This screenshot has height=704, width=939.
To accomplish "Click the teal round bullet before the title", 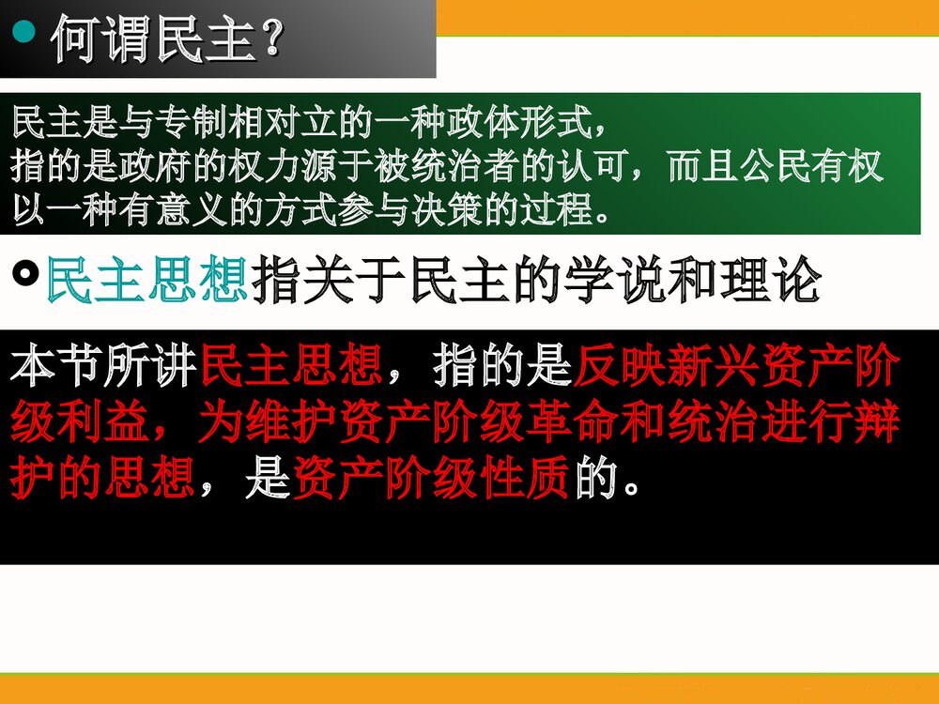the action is click(24, 31).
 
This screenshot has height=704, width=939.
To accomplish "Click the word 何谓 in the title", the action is click(100, 39).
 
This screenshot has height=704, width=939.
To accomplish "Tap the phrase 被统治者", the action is click(445, 165).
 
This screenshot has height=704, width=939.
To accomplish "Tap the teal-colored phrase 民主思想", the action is click(146, 279).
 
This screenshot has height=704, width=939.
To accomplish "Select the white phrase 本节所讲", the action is click(103, 365).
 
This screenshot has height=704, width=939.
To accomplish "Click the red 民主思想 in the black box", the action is click(291, 365).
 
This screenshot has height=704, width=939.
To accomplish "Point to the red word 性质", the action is click(526, 478).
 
